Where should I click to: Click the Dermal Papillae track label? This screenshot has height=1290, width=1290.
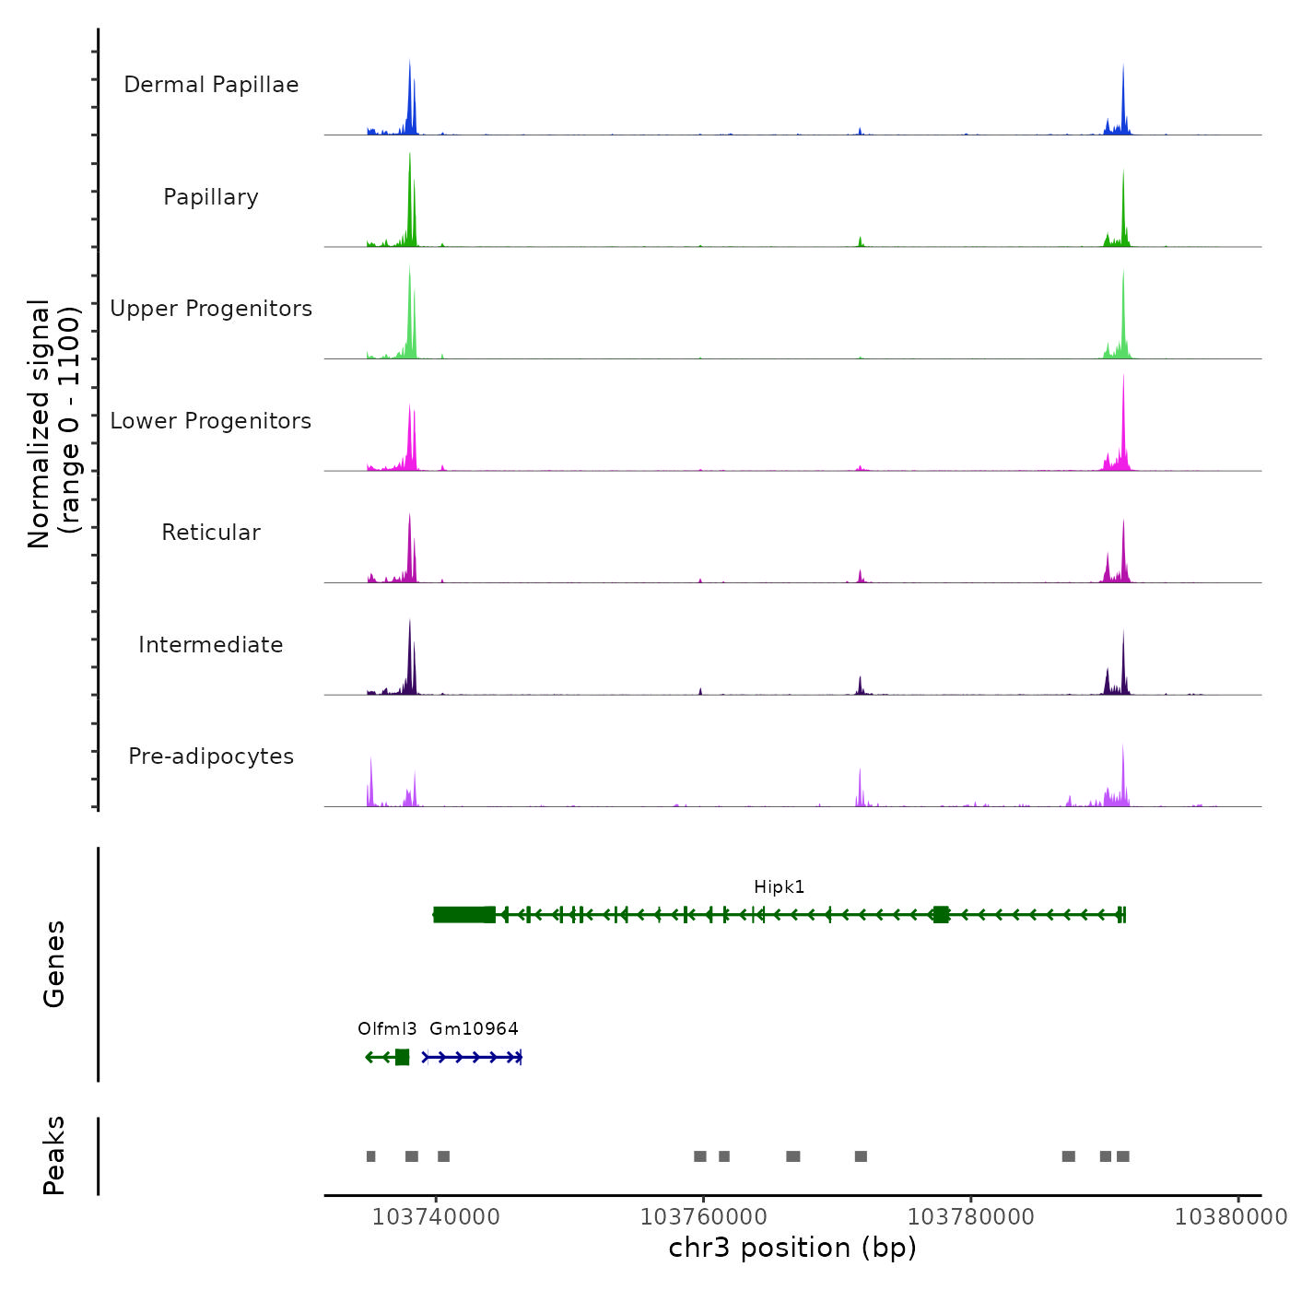point(211,85)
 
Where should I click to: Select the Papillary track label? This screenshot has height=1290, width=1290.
point(211,197)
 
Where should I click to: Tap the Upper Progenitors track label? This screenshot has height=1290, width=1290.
point(211,309)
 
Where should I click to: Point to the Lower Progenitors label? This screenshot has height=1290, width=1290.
point(211,421)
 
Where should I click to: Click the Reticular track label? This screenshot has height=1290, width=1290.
point(211,533)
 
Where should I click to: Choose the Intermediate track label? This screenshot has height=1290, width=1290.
point(211,645)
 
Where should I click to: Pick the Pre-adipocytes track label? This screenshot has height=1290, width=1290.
point(211,756)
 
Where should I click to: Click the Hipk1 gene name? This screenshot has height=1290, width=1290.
point(779,887)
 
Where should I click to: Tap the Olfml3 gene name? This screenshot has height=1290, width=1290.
point(387,1029)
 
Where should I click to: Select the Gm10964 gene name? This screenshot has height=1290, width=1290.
point(474,1029)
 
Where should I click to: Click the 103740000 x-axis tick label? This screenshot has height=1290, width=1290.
point(436,1217)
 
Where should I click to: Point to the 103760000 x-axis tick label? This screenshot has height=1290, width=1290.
point(703,1217)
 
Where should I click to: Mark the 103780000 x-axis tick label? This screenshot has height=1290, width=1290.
point(970,1217)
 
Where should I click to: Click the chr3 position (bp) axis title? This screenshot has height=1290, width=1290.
point(792,1248)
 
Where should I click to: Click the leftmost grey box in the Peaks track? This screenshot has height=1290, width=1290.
point(370,1156)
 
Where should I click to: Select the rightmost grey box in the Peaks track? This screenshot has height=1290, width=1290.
point(1122,1156)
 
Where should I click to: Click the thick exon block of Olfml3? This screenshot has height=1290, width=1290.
point(402,1057)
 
